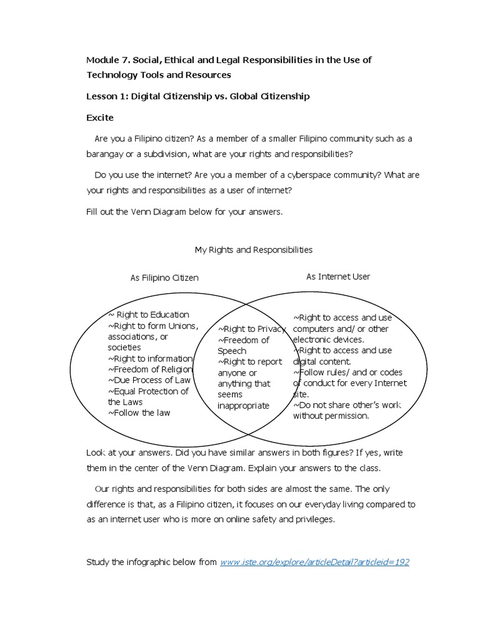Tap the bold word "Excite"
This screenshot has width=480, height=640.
click(x=99, y=117)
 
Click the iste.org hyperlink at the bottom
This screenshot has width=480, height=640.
click(x=314, y=562)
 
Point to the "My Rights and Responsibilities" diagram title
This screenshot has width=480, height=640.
click(x=253, y=249)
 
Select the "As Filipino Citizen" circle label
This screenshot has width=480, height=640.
click(x=164, y=277)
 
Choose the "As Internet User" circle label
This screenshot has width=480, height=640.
click(x=338, y=276)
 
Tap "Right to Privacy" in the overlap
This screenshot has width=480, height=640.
click(x=252, y=329)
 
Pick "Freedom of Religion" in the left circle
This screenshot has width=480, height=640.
click(x=150, y=369)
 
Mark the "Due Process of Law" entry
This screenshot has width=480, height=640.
click(x=149, y=380)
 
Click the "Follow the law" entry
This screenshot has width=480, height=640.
click(x=139, y=412)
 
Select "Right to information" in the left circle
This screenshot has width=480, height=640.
click(x=150, y=358)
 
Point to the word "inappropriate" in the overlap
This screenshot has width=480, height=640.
click(x=243, y=406)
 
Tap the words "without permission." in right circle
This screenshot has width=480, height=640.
click(x=331, y=416)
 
